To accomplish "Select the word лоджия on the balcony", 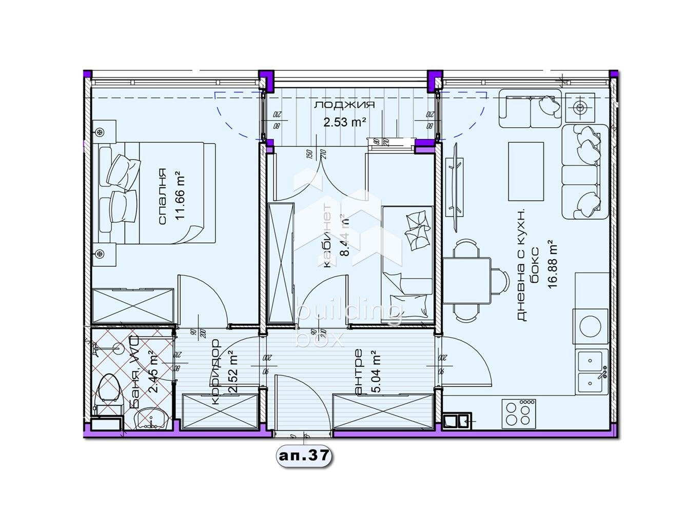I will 344,105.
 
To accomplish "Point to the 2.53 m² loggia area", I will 344,122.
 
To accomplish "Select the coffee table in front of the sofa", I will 525,171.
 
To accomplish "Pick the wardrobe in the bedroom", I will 132,306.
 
